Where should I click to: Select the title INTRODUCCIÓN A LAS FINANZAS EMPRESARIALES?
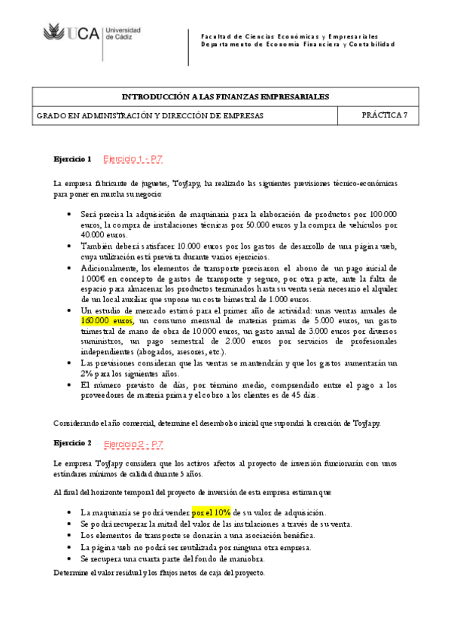[x=225, y=96]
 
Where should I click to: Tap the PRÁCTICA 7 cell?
[x=384, y=115]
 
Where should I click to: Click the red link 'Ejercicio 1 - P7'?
[x=133, y=159]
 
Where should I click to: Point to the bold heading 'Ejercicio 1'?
[x=72, y=160]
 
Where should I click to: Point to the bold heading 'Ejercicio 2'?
[x=72, y=443]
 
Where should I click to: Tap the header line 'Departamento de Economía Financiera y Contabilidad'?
[x=297, y=44]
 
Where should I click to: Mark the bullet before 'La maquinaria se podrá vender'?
[x=69, y=512]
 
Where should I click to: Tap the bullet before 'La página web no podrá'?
[x=69, y=547]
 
